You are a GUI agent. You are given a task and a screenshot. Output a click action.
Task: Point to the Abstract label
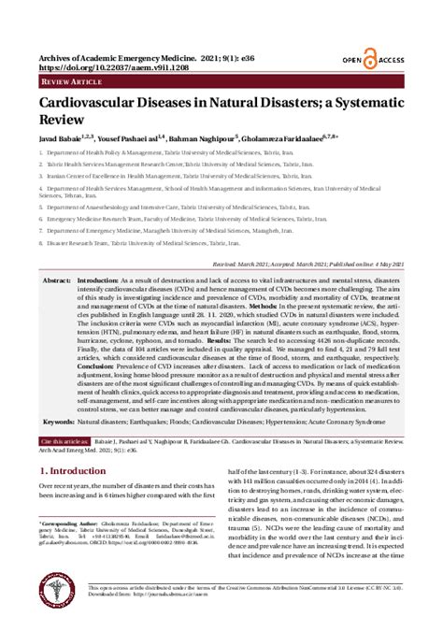56,280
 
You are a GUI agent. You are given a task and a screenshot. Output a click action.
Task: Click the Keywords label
58,448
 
